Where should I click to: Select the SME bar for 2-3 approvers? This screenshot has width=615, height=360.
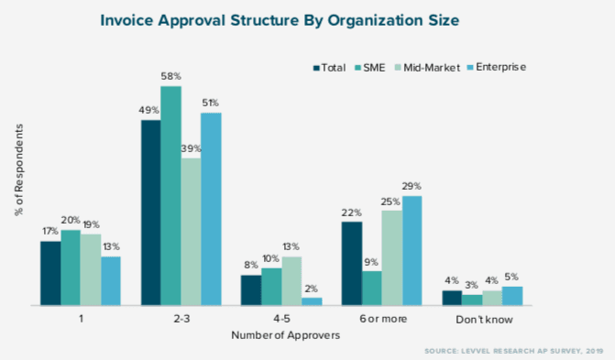[170, 196]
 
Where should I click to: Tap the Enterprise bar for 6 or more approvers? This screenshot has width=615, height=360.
[412, 250]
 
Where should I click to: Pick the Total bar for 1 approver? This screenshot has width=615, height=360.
[50, 273]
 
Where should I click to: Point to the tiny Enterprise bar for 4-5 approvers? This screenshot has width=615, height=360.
[312, 300]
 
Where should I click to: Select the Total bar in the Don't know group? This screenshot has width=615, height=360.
[452, 298]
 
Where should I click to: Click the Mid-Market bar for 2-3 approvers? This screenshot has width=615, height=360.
[191, 232]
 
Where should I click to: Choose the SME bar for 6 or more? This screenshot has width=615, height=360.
[371, 288]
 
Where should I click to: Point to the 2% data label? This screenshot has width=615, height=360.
[313, 289]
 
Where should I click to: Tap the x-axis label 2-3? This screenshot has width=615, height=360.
[181, 320]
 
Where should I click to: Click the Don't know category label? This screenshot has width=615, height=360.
[482, 320]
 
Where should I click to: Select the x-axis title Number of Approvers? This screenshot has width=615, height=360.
[286, 335]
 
